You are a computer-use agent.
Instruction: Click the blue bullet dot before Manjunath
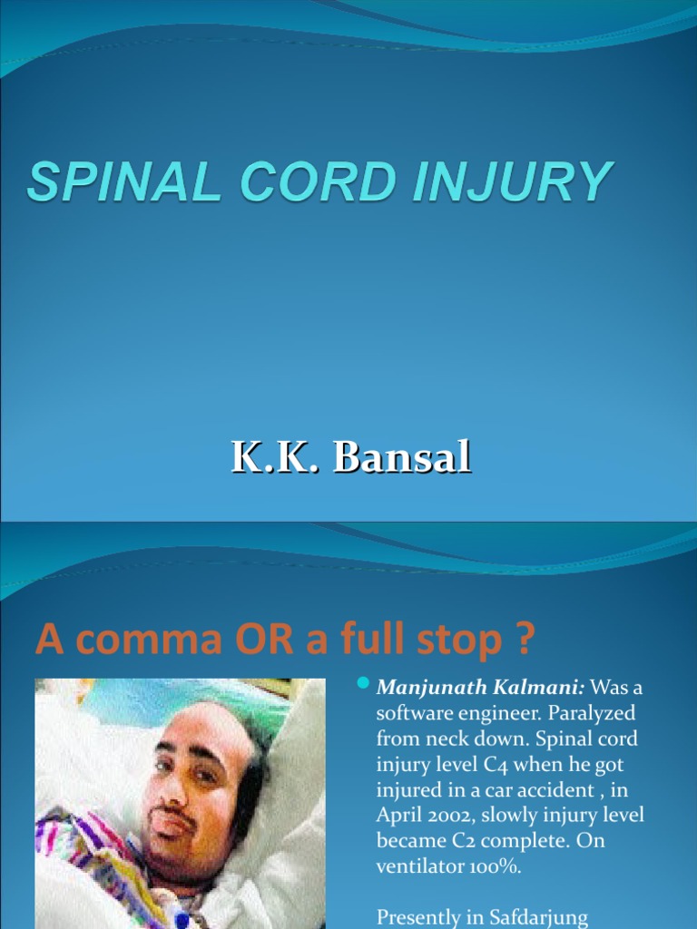pyautogui.click(x=364, y=682)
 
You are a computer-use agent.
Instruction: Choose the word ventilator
pyautogui.click(x=420, y=865)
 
